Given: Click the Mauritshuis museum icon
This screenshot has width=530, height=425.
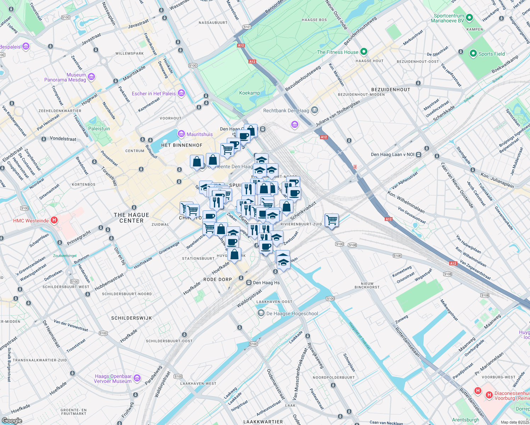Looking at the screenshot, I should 181,134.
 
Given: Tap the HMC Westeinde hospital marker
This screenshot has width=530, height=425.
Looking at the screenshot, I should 54,220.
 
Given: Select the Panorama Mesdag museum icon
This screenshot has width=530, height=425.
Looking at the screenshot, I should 91,77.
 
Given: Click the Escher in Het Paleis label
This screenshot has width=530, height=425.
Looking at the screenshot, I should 154,93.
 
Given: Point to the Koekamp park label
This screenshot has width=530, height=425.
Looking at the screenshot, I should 249,93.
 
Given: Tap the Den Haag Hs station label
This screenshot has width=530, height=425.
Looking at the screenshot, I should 266,283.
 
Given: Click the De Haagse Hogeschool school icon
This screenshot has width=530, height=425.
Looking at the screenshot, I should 261,313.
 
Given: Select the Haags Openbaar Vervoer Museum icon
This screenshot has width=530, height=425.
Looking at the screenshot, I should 137,378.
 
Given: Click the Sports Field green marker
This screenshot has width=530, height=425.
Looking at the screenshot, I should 473,53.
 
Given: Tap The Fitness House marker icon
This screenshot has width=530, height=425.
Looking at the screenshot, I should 364,52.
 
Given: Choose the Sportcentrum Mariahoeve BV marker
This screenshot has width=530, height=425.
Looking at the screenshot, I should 469,18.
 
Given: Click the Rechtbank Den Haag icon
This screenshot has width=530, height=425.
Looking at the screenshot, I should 314,110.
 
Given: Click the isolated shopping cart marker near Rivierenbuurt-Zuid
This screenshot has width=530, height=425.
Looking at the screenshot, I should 332,220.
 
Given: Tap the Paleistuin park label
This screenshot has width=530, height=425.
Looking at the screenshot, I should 99,129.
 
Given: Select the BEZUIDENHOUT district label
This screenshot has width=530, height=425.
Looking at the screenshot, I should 390,90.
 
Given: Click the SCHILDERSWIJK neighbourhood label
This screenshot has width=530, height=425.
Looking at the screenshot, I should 131,318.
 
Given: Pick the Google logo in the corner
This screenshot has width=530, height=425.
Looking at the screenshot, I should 12,421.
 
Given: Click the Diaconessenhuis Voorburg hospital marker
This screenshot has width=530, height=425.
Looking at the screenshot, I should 489,395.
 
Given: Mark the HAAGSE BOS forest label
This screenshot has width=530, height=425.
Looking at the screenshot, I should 314,20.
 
